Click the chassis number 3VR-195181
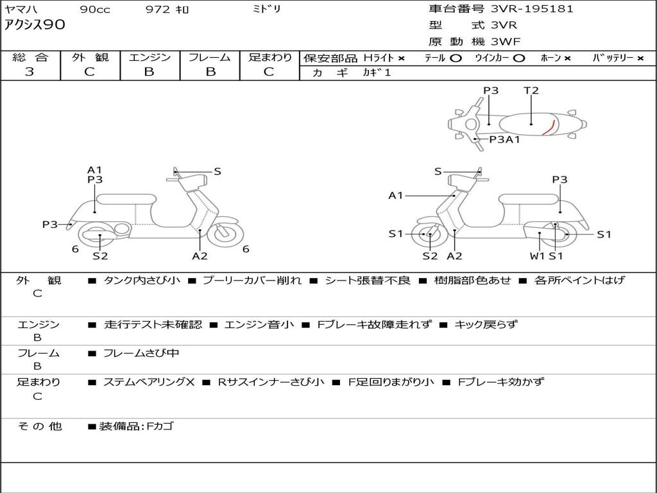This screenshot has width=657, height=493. (x=532, y=9)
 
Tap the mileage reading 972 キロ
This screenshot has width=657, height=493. (x=167, y=10)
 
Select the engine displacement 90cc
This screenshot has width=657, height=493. (x=94, y=10)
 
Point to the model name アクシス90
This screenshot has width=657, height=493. (x=35, y=26)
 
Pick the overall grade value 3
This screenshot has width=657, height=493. (x=30, y=72)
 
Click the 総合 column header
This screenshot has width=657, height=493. (x=30, y=57)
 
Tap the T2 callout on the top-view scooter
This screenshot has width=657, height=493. (x=531, y=91)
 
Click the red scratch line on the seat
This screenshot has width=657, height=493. (x=547, y=126)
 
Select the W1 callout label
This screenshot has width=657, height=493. (x=537, y=256)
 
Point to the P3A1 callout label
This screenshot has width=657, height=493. (x=504, y=139)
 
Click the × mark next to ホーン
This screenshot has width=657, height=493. (x=567, y=58)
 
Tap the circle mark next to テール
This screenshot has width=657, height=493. (x=456, y=58)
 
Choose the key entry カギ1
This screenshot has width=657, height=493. (x=377, y=73)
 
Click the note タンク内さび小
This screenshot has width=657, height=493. (x=142, y=281)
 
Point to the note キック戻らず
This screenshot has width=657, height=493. (x=485, y=325)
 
